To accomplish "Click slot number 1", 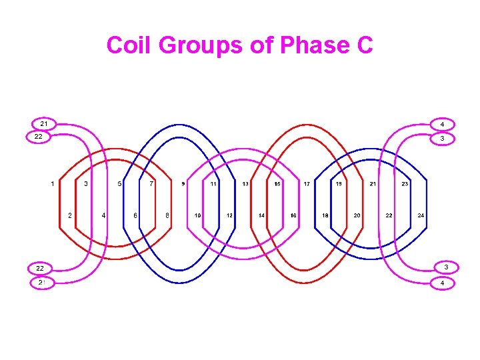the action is pyautogui.click(x=53, y=183).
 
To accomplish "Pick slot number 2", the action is pyautogui.click(x=70, y=215).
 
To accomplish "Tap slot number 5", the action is pyautogui.click(x=119, y=183).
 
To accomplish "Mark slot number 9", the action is pyautogui.click(x=183, y=183).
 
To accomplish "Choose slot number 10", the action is pyautogui.click(x=198, y=215).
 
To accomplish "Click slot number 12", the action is pyautogui.click(x=229, y=215).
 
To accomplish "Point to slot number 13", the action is pyautogui.click(x=245, y=183).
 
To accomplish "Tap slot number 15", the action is pyautogui.click(x=277, y=183).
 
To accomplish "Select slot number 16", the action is pyautogui.click(x=293, y=215).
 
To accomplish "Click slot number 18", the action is pyautogui.click(x=325, y=215).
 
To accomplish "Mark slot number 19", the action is pyautogui.click(x=339, y=183).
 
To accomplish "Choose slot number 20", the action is pyautogui.click(x=357, y=215).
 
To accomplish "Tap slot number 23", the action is pyautogui.click(x=405, y=183).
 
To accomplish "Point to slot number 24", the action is pyautogui.click(x=421, y=215).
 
